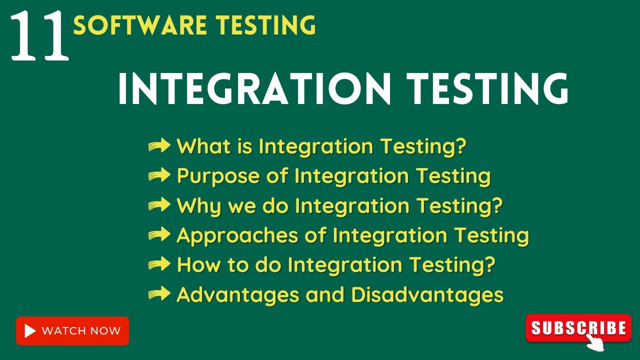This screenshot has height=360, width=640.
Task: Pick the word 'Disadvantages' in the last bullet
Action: point(427,294)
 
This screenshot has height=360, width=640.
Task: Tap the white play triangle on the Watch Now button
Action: point(30,331)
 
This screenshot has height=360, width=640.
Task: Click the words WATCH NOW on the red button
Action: point(81,331)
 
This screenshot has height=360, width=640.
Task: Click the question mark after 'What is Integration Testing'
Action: point(460,146)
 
